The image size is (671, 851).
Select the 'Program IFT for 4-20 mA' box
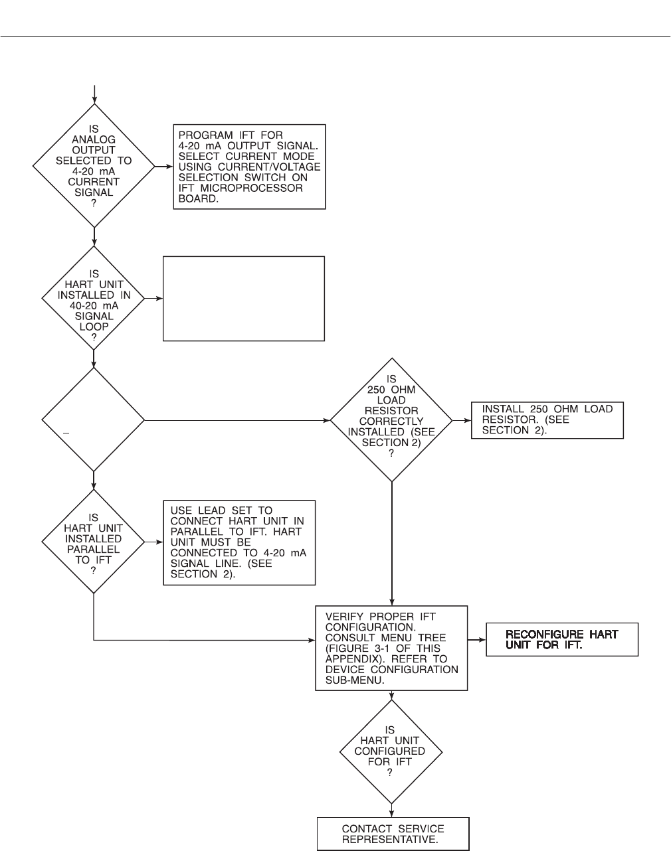[x=249, y=167]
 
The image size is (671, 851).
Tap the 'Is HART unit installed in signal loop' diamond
[x=94, y=298]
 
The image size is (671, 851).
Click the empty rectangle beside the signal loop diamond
[x=244, y=299]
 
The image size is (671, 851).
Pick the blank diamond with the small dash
[x=94, y=420]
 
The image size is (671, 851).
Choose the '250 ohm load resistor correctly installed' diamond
[x=391, y=420]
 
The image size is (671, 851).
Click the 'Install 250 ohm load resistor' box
[x=547, y=420]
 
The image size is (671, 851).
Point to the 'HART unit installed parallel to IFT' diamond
[x=94, y=542]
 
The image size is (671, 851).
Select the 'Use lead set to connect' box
[x=239, y=542]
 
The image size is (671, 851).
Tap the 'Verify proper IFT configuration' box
[x=391, y=647]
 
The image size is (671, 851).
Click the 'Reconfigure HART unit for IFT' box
[x=562, y=639]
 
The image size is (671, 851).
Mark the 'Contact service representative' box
[x=393, y=834]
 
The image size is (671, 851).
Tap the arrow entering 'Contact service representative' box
[x=392, y=814]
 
